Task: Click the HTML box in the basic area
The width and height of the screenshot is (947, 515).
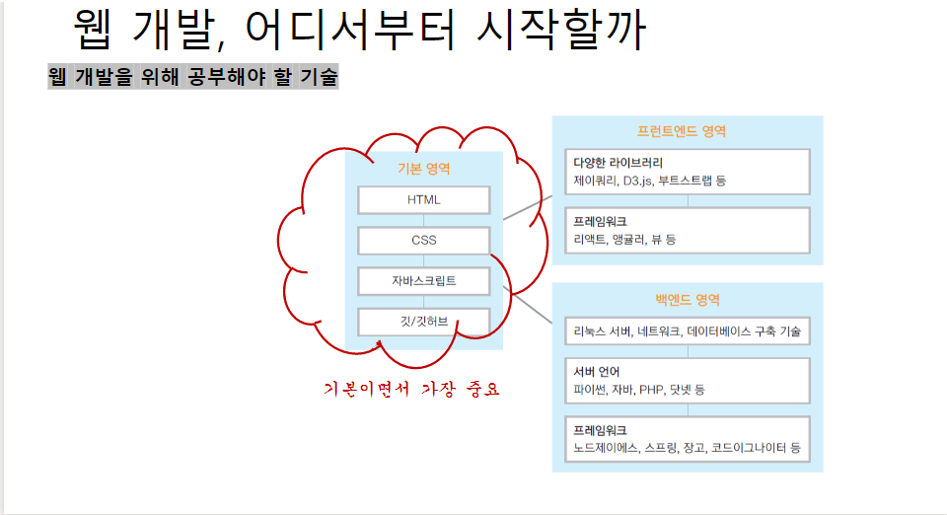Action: coord(423,200)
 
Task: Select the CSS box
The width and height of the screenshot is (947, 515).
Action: coord(423,241)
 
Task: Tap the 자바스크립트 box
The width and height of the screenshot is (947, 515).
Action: coord(423,281)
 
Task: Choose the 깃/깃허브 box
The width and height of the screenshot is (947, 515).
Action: coord(423,322)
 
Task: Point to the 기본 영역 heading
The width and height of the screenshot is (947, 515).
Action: coord(423,169)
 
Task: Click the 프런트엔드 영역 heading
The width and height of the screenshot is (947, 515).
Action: coord(687,131)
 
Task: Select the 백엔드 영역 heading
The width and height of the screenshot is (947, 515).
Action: coord(687,299)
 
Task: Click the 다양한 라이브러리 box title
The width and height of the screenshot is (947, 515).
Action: coord(619,162)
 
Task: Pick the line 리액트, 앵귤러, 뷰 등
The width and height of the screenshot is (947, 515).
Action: coord(624,240)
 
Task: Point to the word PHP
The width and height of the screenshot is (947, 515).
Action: coord(651,390)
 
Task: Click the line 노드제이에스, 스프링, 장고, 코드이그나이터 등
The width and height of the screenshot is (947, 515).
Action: coord(687,449)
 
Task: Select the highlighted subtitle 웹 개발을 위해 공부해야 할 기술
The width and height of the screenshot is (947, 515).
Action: coord(193,77)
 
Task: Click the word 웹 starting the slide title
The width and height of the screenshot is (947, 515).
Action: coord(97,31)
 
